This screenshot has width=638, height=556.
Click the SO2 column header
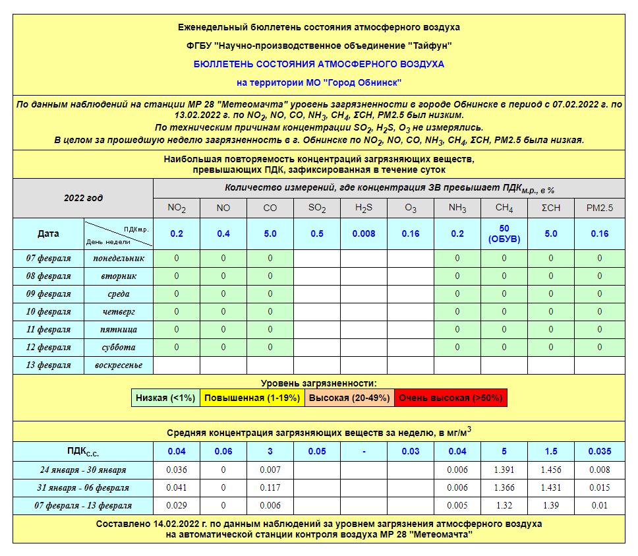317,208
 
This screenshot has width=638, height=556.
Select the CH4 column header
504,208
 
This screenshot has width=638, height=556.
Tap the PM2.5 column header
599,208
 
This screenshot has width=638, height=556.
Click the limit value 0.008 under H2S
364,233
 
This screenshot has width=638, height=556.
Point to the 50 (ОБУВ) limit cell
504,233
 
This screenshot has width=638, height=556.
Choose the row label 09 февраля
49,293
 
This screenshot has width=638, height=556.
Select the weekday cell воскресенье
119,365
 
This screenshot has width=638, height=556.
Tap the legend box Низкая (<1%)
165,398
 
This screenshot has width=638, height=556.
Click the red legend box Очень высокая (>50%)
451,398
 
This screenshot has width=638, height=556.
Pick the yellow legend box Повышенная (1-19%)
252,398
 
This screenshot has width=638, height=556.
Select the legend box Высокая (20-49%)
349,398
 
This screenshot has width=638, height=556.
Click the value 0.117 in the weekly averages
270,487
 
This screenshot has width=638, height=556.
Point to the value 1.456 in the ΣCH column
551,470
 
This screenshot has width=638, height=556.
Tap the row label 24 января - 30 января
82,470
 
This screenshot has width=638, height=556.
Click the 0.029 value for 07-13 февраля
177,505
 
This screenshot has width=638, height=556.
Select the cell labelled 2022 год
83,198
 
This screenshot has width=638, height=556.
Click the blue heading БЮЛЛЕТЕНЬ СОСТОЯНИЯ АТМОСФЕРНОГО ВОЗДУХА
319,64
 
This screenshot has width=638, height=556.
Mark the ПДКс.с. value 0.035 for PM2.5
599,451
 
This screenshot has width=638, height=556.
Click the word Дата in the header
48,233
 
